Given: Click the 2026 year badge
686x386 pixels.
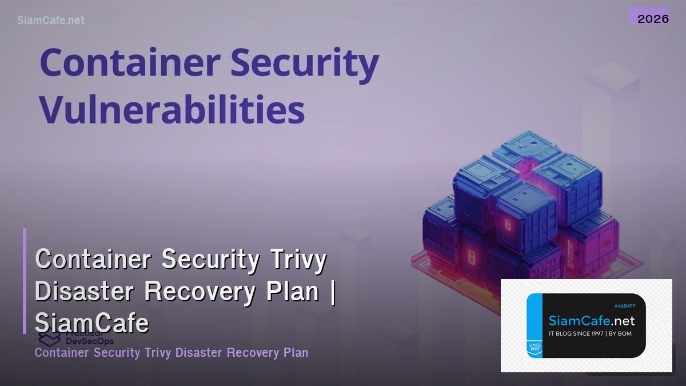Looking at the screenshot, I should [653, 18].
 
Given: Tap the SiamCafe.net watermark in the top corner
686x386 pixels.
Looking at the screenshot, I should [51, 20].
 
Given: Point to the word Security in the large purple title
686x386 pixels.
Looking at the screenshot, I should [303, 63].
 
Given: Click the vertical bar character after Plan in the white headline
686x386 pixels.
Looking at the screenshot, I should [332, 292].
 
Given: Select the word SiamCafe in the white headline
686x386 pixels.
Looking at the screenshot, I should [92, 324].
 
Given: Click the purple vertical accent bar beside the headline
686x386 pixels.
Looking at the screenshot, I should [25, 281].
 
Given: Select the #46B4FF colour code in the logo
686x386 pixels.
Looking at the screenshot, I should [624, 307].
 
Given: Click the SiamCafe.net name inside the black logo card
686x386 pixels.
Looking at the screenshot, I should [591, 321].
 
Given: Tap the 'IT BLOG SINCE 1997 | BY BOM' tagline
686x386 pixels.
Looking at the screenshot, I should [590, 333].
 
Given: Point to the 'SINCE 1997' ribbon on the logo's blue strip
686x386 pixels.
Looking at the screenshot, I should [535, 348].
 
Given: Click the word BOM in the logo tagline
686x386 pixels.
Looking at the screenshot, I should [625, 333].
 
